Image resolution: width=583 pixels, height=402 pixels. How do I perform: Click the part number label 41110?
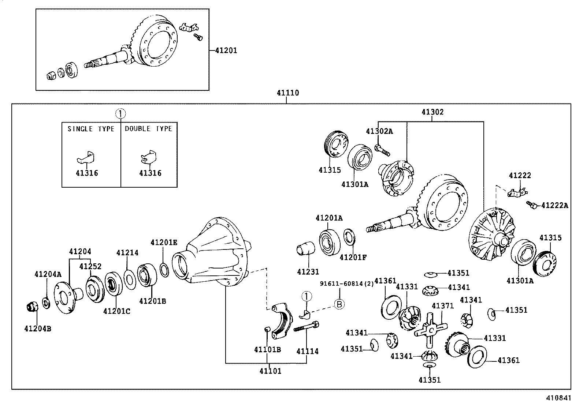[x=287, y=93]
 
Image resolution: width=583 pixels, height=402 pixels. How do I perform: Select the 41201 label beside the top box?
[x=226, y=50]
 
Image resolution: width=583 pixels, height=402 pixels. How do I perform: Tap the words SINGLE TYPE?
[x=91, y=129]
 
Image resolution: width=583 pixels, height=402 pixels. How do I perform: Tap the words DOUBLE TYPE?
[x=148, y=129]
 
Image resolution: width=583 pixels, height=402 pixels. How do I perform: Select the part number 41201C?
[x=116, y=311]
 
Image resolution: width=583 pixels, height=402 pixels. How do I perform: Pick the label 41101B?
[x=267, y=350]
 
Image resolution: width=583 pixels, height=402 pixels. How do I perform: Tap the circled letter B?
[x=339, y=304]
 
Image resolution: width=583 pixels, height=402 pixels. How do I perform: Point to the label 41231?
[x=308, y=272]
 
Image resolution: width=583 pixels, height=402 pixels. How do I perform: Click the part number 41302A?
[x=379, y=131]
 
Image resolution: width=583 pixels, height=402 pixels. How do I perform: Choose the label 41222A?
[x=554, y=206]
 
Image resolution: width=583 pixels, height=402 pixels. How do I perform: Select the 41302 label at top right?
[x=432, y=112]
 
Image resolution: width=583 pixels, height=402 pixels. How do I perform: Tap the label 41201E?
[x=164, y=242]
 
